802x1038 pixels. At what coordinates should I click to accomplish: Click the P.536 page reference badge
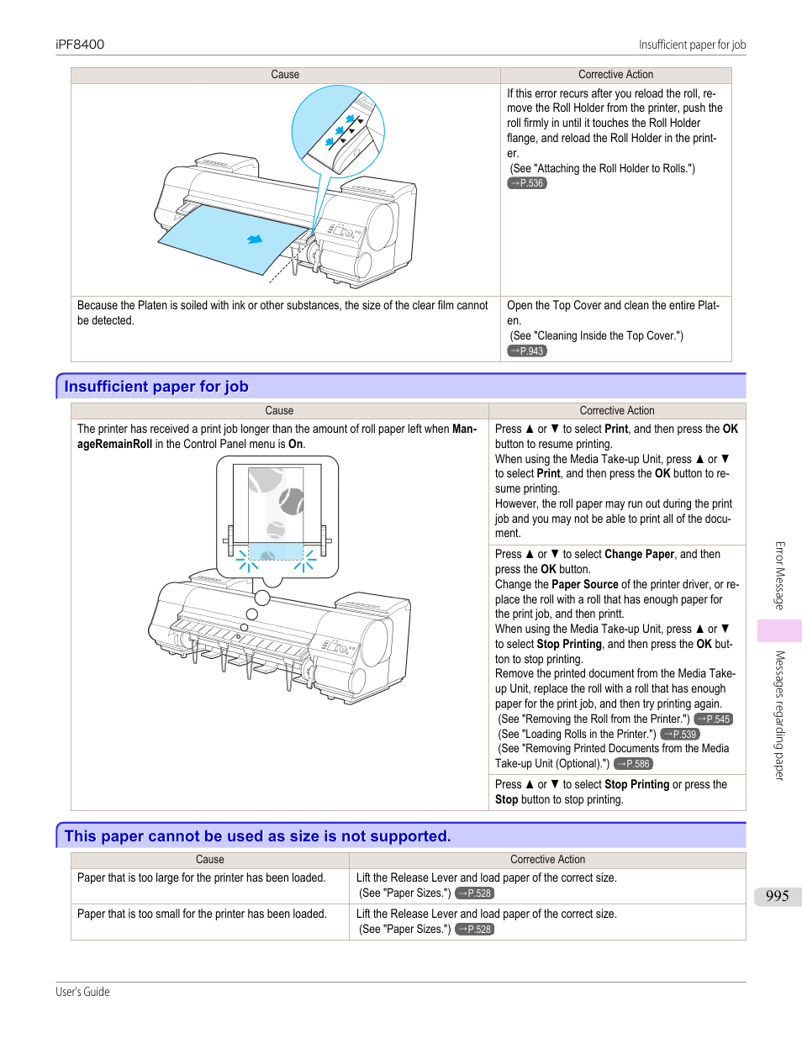pyautogui.click(x=527, y=183)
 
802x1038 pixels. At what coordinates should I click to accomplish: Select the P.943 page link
pyautogui.click(x=527, y=351)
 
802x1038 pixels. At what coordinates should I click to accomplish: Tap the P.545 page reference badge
pyautogui.click(x=714, y=719)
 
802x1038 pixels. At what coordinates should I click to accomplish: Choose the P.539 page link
pyautogui.click(x=680, y=735)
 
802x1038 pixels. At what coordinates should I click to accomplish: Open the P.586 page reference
pyautogui.click(x=633, y=764)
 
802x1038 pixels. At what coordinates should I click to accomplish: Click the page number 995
pyautogui.click(x=777, y=896)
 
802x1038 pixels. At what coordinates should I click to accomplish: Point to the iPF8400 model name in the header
pyautogui.click(x=80, y=45)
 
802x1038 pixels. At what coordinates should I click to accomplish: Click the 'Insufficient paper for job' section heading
pyautogui.click(x=156, y=387)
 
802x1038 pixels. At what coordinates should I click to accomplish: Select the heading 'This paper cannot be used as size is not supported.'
pyautogui.click(x=257, y=836)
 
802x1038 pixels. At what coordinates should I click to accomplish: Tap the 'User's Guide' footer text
pyautogui.click(x=82, y=992)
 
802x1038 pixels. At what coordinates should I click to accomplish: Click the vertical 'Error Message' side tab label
pyautogui.click(x=779, y=576)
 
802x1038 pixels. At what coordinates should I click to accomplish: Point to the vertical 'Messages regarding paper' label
pyautogui.click(x=779, y=715)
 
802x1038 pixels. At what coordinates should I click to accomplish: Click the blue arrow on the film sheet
pyautogui.click(x=255, y=240)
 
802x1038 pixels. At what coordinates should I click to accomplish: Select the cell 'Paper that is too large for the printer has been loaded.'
pyautogui.click(x=201, y=878)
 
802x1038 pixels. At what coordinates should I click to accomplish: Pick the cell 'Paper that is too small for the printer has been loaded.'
pyautogui.click(x=202, y=914)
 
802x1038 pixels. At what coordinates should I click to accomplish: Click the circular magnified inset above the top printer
pyautogui.click(x=338, y=130)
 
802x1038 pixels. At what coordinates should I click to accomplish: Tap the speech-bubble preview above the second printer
pyautogui.click(x=277, y=516)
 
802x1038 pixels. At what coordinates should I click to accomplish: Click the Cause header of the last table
pyautogui.click(x=210, y=860)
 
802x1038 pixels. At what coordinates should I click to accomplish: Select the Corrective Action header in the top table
pyautogui.click(x=615, y=75)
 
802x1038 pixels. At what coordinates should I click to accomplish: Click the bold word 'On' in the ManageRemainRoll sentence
pyautogui.click(x=295, y=445)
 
